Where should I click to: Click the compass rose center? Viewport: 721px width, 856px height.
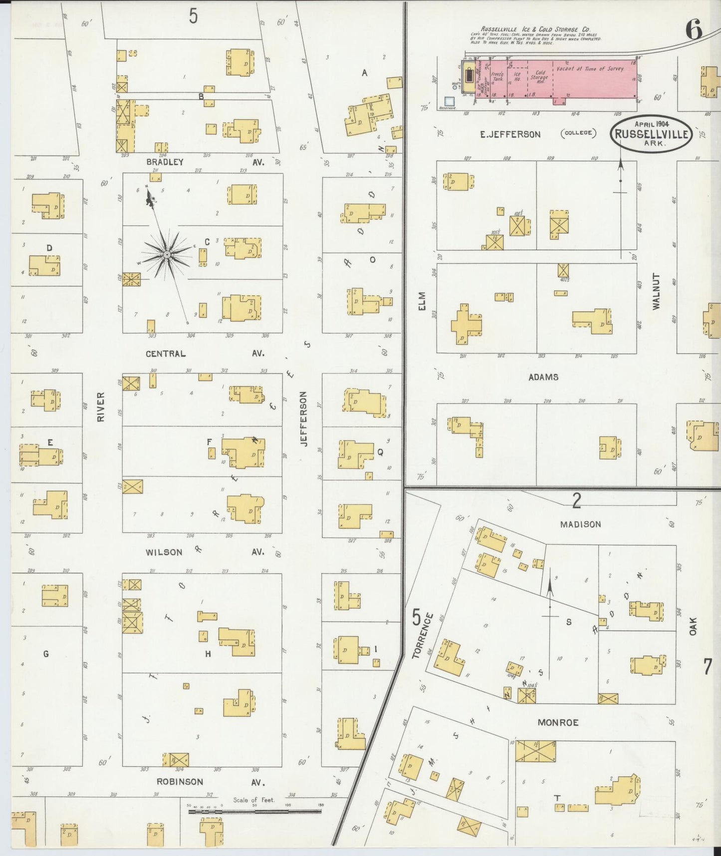[x=167, y=255]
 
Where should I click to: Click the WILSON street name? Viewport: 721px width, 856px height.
[x=164, y=552]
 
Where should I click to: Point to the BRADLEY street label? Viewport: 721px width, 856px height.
[x=165, y=162]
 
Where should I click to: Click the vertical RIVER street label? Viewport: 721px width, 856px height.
[x=101, y=407]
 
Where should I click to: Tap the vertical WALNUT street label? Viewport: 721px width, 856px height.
[x=656, y=291]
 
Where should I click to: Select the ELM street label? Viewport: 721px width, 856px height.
[x=422, y=302]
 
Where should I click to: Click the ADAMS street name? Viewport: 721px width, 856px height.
[x=543, y=377]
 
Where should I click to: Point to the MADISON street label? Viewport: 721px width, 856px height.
[x=580, y=524]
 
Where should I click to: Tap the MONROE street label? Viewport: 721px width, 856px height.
[x=558, y=722]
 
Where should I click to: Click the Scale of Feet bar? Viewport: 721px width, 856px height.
[x=254, y=812]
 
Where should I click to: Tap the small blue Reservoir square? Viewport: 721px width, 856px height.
[x=450, y=101]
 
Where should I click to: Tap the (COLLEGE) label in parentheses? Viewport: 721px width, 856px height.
[x=579, y=133]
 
